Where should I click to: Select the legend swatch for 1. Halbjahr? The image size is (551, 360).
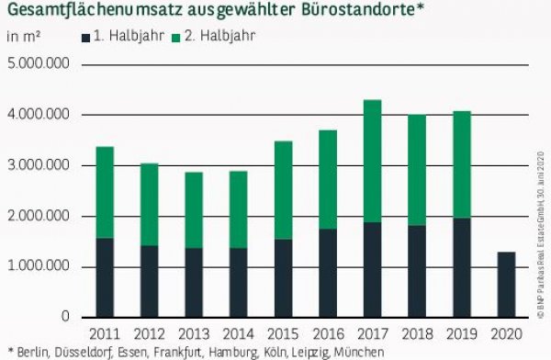(86, 39)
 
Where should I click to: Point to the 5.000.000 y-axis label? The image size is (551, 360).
(39, 65)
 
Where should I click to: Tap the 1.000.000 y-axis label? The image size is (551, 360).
(39, 267)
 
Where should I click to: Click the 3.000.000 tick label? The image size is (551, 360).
(39, 166)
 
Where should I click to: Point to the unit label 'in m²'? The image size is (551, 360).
(22, 39)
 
